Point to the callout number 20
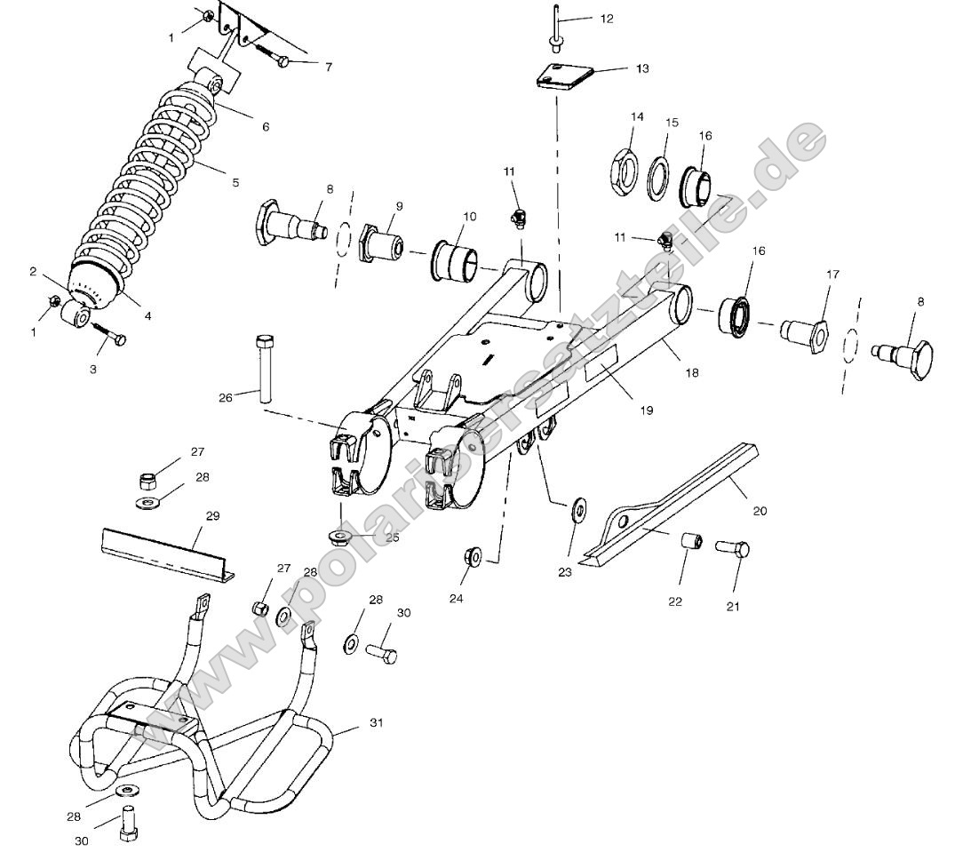click(760, 510)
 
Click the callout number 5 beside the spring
click(235, 182)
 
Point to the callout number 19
click(646, 410)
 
